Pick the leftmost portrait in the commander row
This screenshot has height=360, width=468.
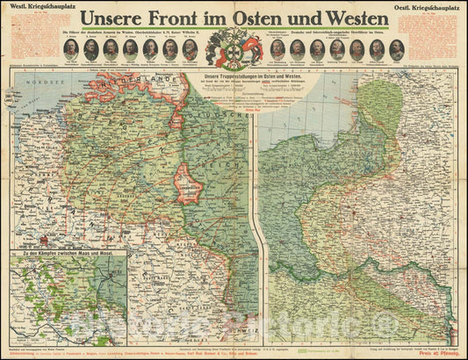70,49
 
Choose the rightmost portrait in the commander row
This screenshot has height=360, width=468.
396,49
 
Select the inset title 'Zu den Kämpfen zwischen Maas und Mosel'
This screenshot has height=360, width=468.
66,256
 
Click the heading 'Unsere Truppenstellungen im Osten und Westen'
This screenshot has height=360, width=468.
252,81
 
